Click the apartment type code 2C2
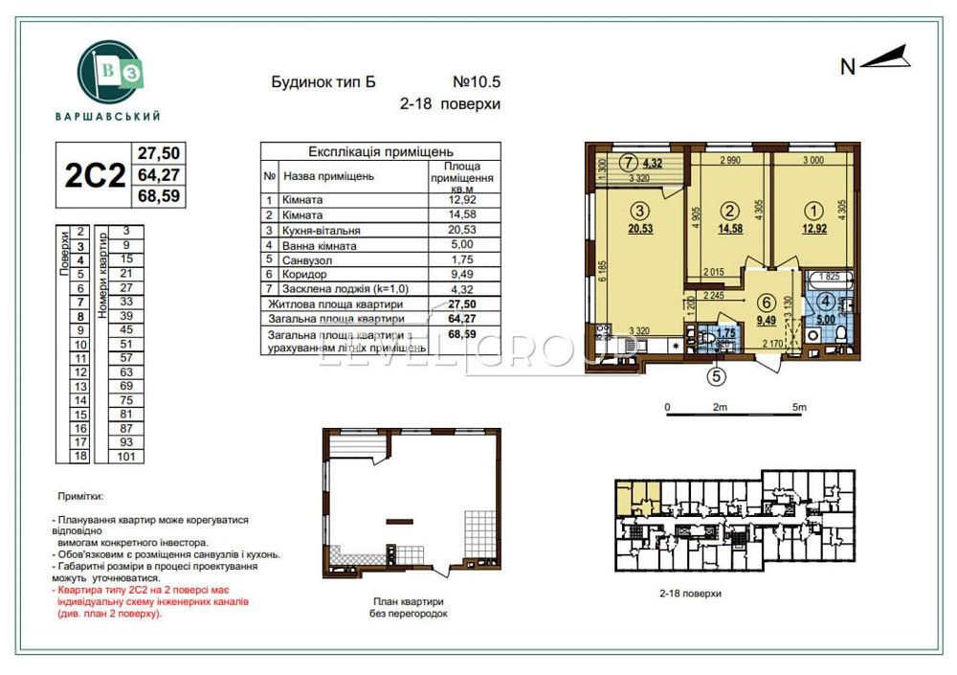[94, 175]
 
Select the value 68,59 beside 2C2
[160, 197]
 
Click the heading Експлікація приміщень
[380, 151]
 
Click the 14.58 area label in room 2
[731, 230]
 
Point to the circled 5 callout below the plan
[714, 375]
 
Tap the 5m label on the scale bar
[800, 408]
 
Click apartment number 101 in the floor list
[125, 457]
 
